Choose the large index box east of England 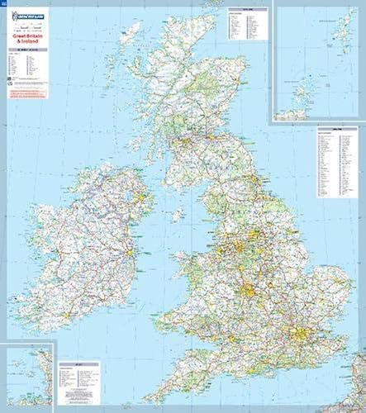337,162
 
